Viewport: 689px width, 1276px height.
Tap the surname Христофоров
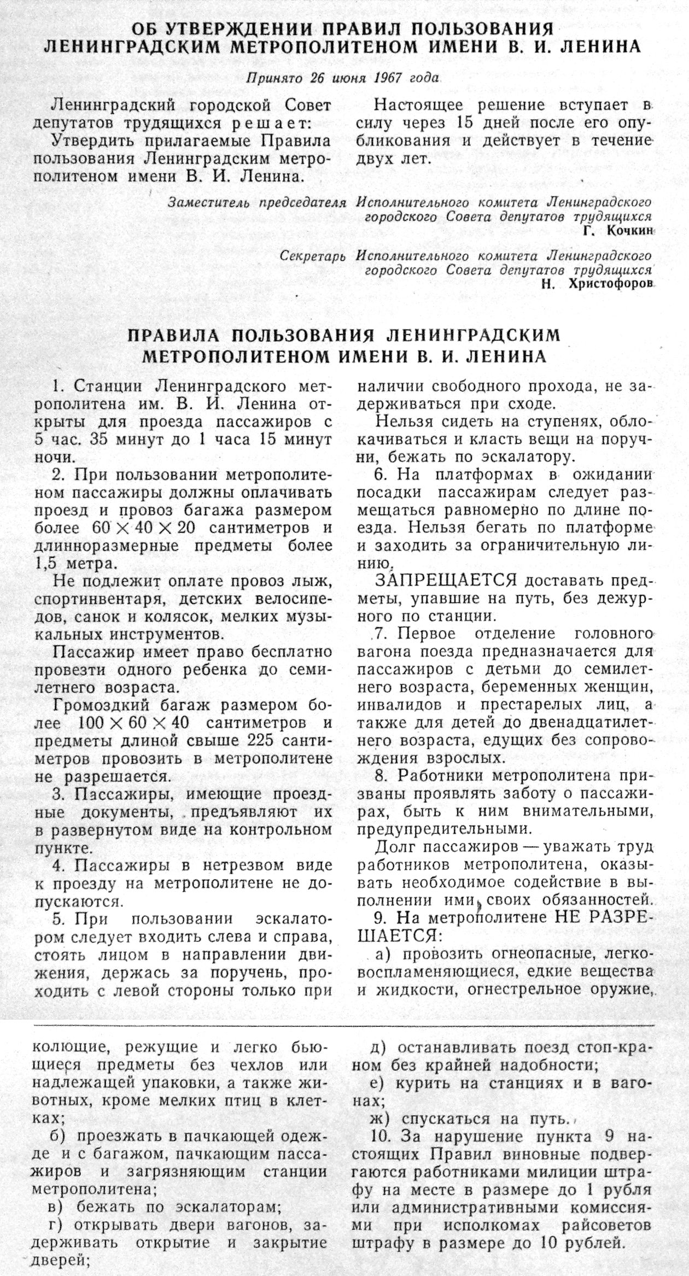click(611, 284)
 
